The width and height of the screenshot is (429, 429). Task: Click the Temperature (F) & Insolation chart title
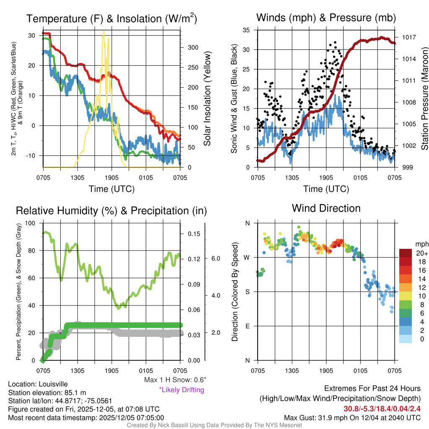tap(111, 18)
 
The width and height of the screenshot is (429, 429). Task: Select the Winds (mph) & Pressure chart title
tap(326, 18)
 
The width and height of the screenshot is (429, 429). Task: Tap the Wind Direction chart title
tap(326, 208)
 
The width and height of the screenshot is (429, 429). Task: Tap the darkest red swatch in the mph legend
tap(406, 253)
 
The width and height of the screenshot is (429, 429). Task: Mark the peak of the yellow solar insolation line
tap(104, 31)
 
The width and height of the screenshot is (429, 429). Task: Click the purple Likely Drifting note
tap(181, 390)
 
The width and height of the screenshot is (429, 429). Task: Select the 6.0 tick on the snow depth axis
tap(216, 259)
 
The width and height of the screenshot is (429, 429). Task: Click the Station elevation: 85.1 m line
tap(47, 393)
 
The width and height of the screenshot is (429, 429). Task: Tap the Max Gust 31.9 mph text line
tap(352, 417)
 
